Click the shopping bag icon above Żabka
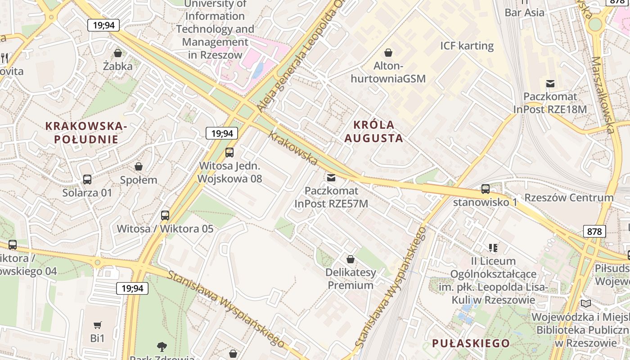(118, 54)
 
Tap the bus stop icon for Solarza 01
(87, 180)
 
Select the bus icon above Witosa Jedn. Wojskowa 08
(229, 153)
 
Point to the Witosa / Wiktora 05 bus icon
(165, 216)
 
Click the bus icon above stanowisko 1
(486, 189)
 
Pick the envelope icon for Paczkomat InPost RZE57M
(331, 178)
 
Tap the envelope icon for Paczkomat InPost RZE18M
(550, 83)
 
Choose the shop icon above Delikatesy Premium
(350, 260)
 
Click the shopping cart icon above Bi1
(97, 325)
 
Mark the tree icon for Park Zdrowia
(162, 346)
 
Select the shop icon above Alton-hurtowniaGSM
(388, 53)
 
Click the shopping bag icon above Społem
(139, 167)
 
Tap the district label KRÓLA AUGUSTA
(373, 131)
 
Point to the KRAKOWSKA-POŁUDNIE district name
(87, 133)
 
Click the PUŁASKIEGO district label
(471, 343)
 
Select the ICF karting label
(467, 46)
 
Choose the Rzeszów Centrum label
(569, 198)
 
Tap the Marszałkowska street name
(603, 94)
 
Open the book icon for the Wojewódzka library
(586, 303)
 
